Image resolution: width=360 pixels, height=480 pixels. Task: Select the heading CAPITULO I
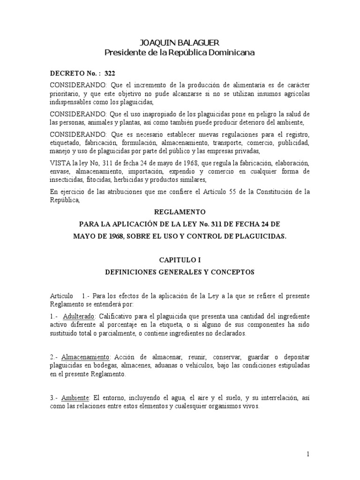[x=180, y=258]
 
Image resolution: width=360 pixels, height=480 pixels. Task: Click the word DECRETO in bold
[x=68, y=74]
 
